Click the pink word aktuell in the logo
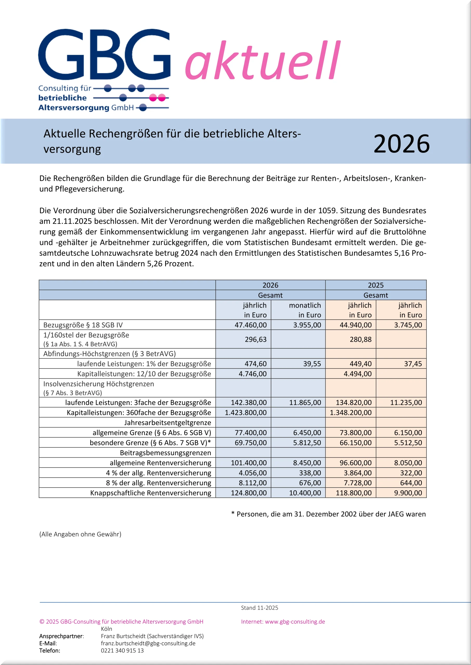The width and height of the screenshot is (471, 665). coord(262,61)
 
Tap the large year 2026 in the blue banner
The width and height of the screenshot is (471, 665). coord(401,144)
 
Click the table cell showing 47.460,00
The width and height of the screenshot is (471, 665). coord(250,325)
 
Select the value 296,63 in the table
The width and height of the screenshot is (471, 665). coord(255,339)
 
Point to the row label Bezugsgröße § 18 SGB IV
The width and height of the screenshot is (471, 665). coord(83,325)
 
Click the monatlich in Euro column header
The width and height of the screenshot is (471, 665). coord(305,310)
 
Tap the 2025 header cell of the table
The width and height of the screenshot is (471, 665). coord(375,285)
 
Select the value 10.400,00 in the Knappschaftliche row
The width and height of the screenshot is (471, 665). coord(305,493)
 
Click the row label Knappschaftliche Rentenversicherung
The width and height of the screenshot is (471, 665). coord(151,493)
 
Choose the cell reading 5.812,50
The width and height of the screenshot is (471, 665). coord(307,443)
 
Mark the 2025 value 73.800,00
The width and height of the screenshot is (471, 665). coord(355,433)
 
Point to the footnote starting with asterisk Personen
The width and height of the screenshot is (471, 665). coord(328,514)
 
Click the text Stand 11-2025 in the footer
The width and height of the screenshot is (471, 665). coord(259,608)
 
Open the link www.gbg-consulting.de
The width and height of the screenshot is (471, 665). coord(295,622)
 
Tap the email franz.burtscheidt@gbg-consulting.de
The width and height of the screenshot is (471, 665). coord(148,643)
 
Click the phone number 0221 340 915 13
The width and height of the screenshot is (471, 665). coord(122,650)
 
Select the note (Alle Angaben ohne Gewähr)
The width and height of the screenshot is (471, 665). coord(80,534)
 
